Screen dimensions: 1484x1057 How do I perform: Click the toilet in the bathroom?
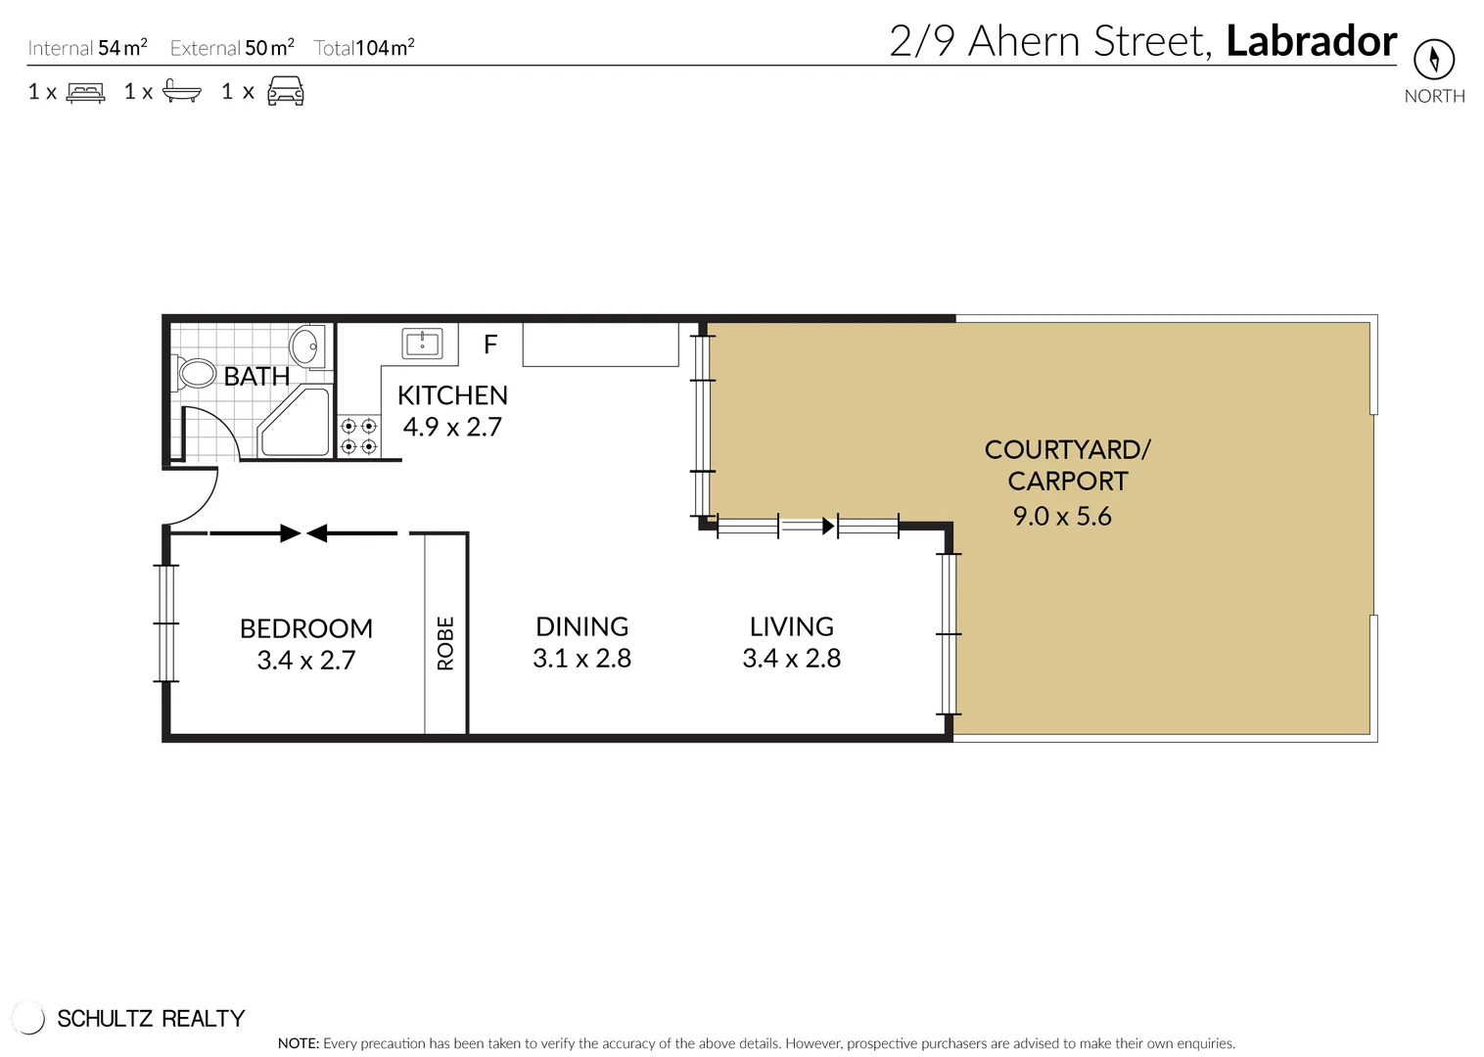coord(194,373)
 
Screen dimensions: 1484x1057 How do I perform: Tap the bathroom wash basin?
coord(306,345)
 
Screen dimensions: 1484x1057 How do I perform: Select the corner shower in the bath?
coord(295,422)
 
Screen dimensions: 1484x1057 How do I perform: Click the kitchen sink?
coord(422,344)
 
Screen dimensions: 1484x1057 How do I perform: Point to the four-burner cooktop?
coord(359,436)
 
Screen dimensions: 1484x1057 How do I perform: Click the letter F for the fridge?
coord(490,345)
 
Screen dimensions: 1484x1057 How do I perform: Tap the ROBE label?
coord(445,644)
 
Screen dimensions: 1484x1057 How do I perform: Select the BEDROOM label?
coord(306,628)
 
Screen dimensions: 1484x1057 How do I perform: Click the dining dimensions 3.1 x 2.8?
coord(581,659)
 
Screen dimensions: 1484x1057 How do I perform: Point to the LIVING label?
coord(792,626)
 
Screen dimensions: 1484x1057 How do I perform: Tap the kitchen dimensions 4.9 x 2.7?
coord(452,427)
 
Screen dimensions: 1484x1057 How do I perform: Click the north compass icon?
coord(1434,60)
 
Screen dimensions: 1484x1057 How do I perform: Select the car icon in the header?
coord(286,91)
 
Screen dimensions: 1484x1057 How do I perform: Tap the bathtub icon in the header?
coord(181,91)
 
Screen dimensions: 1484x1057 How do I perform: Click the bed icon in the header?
coord(85,93)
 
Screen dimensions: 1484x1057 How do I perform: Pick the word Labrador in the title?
coord(1312,41)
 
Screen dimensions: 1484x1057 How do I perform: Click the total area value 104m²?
coord(385,47)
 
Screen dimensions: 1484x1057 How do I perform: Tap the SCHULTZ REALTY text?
coord(151,1019)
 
